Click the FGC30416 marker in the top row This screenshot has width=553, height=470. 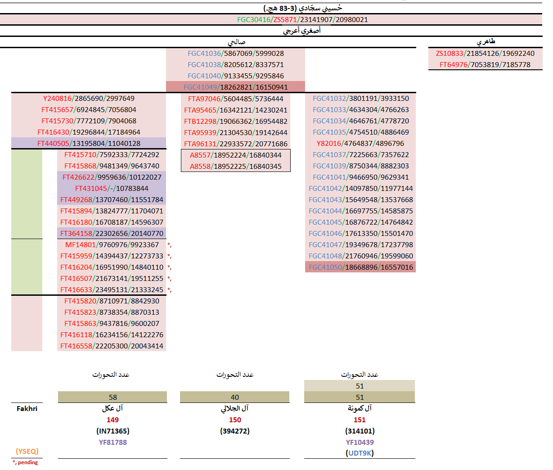pos(254,20)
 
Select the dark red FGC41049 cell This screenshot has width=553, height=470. pos(235,87)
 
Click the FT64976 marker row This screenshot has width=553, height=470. pos(485,65)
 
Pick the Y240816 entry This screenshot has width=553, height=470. pos(89,99)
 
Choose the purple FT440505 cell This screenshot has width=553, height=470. pos(89,144)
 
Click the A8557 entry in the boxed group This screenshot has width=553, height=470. pos(235,155)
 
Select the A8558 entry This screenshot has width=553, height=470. pos(235,166)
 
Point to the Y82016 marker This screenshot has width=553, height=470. pos(360,144)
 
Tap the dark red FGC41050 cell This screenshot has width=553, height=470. pos(360,267)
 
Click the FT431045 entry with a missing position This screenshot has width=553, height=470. pos(112,189)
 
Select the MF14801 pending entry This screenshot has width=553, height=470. pos(112,245)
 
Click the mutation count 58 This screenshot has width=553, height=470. pos(112,397)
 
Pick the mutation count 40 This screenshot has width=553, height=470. pos(235,397)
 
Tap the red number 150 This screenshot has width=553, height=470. pos(235,420)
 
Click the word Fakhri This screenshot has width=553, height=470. pos(27,408)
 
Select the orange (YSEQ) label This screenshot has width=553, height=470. pos(27,451)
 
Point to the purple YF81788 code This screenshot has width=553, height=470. pos(112,442)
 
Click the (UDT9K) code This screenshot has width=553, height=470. pos(360,453)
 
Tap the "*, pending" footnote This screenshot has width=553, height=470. pos(25,462)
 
